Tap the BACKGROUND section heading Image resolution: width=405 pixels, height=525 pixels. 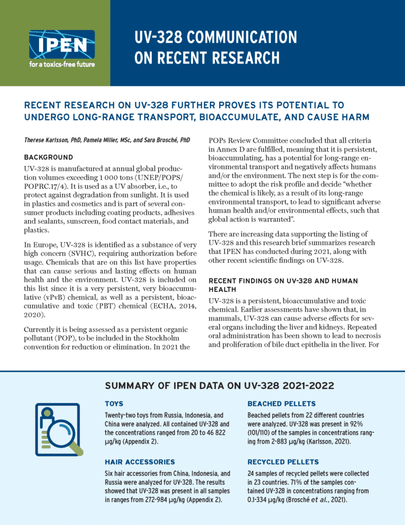(x=49, y=157)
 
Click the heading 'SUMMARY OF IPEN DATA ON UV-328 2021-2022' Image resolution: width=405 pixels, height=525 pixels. (x=219, y=386)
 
